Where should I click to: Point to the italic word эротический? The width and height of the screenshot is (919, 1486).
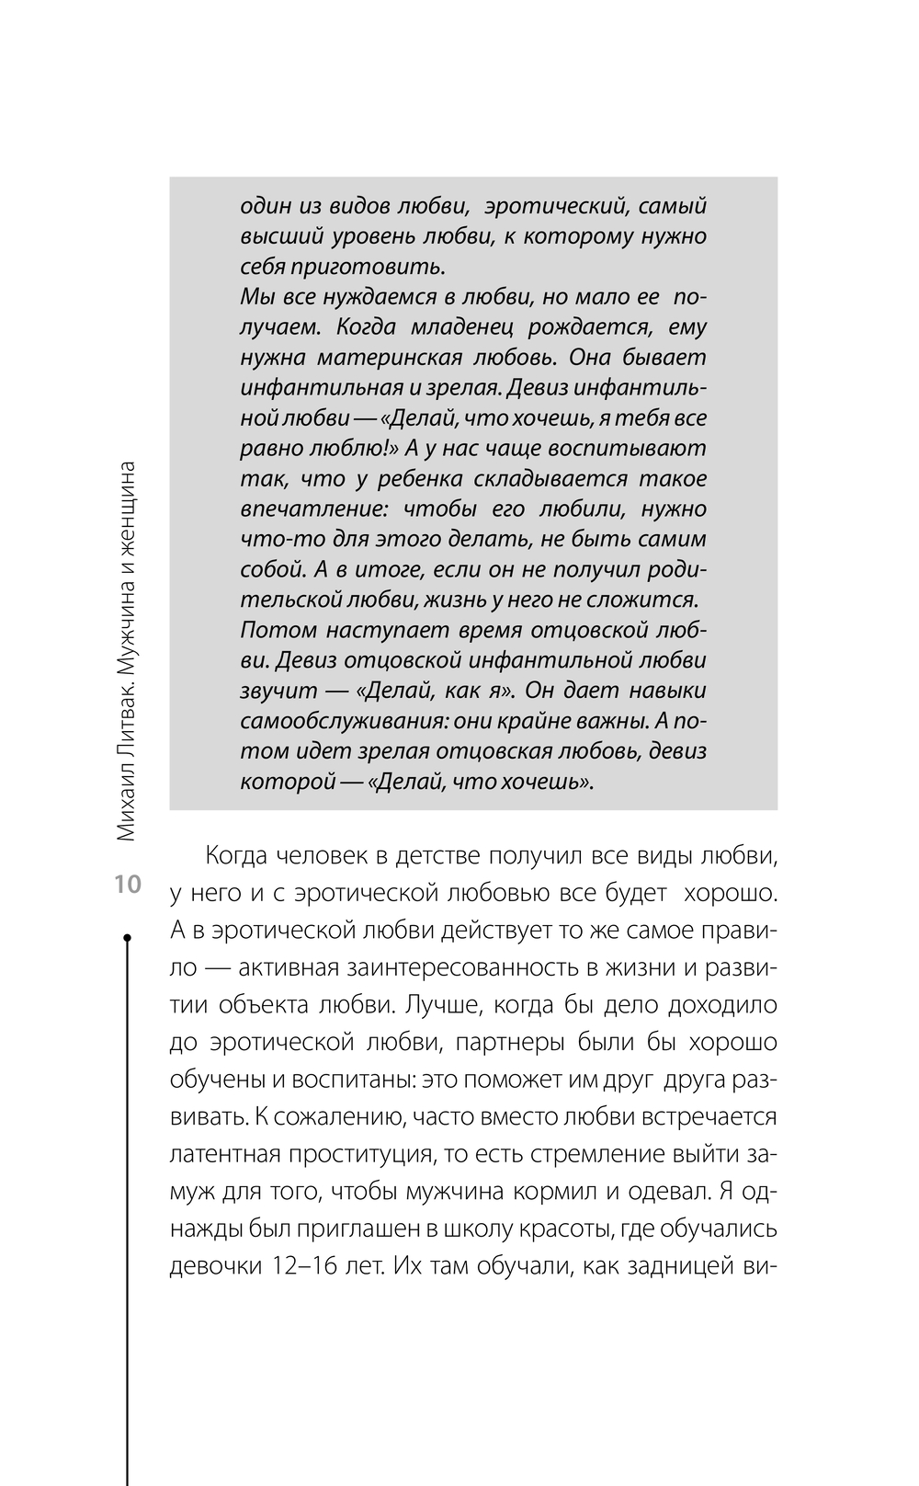coord(555,207)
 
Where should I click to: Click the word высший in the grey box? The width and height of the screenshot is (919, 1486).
coord(273,237)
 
